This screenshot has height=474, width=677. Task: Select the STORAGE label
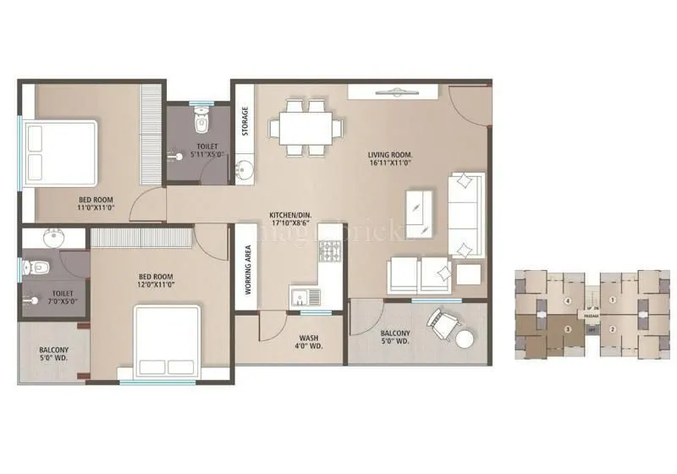click(245, 121)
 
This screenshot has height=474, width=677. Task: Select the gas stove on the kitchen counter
click(328, 251)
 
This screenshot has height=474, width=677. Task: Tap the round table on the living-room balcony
click(464, 338)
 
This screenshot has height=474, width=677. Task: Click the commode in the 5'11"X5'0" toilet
click(201, 122)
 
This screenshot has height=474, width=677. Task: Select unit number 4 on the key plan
click(568, 300)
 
